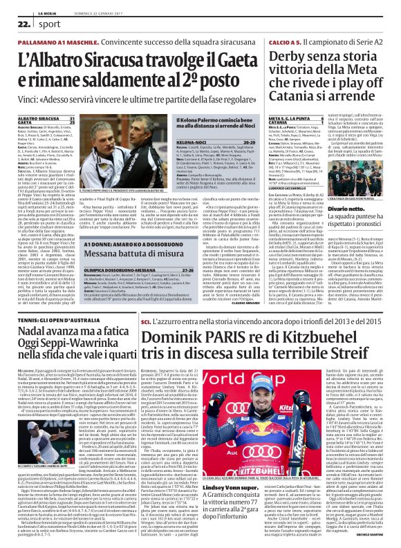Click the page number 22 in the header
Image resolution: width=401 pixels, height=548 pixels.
pos(12,23)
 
